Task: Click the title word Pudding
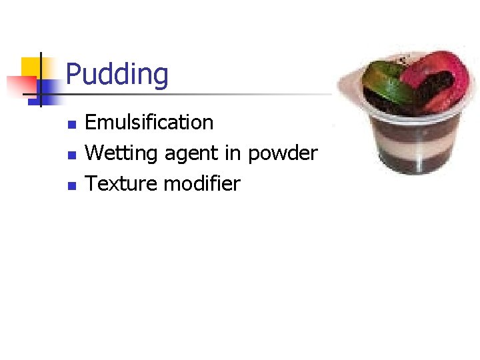click(117, 75)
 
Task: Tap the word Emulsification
click(149, 123)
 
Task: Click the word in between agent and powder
click(233, 153)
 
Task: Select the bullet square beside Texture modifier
click(72, 185)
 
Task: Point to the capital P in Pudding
click(73, 75)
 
